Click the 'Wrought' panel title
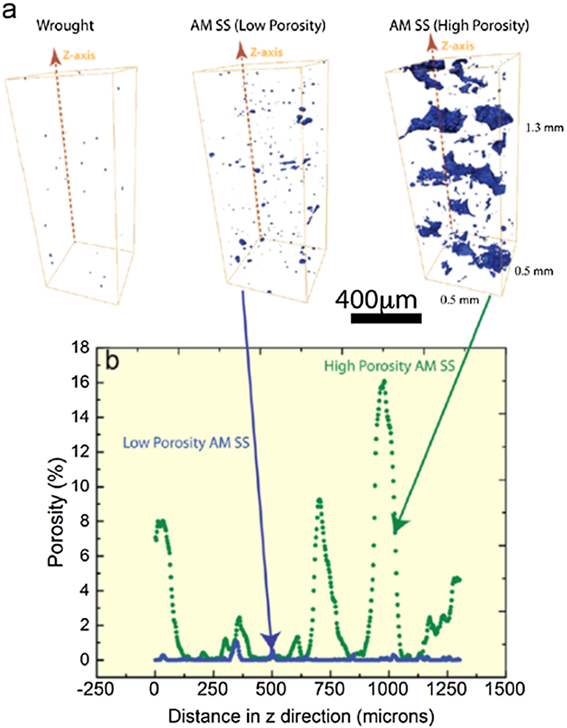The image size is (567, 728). [x=65, y=26]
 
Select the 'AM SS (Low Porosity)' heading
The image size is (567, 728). [x=258, y=26]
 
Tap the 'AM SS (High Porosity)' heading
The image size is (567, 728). [x=459, y=26]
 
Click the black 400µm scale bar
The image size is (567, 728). [x=386, y=318]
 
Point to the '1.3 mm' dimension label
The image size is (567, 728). [x=544, y=127]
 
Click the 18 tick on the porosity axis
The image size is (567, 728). [x=80, y=348]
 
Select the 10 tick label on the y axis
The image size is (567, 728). [x=80, y=487]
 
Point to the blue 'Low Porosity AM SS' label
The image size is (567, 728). [x=186, y=443]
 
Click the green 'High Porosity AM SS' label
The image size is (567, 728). [x=389, y=366]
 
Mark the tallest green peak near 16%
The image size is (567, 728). [x=384, y=381]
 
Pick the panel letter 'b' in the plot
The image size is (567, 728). [x=112, y=361]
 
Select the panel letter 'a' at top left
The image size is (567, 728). [x=9, y=10]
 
